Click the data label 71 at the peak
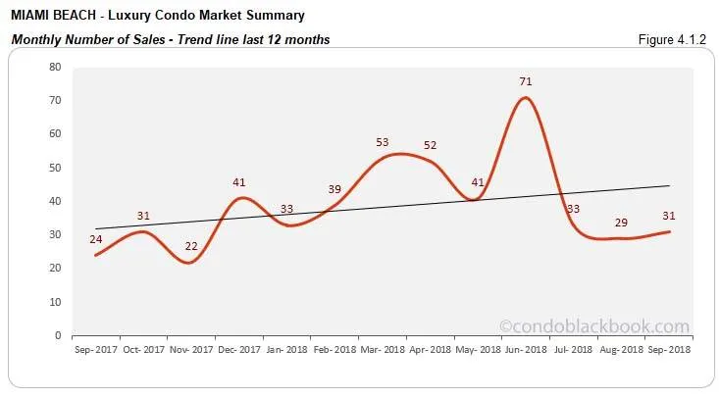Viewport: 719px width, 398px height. (x=526, y=81)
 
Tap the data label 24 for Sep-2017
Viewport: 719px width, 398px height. (x=96, y=238)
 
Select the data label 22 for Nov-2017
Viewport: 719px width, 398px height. (x=192, y=245)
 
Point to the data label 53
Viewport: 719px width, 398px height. (x=383, y=142)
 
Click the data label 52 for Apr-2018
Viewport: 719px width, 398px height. (x=430, y=145)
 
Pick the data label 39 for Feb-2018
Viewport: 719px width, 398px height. (x=334, y=189)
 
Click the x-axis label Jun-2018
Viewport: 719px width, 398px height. (x=526, y=348)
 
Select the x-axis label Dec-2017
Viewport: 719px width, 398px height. (x=239, y=348)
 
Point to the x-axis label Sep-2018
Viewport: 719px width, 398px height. (x=668, y=348)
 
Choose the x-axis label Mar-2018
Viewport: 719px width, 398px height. (x=383, y=348)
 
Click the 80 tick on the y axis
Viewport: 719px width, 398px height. (x=55, y=67)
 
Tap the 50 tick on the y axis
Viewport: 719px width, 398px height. (x=55, y=168)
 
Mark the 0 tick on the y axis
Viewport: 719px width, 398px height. (x=58, y=335)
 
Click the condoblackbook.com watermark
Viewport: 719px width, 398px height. (x=608, y=326)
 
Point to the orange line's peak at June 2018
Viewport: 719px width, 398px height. (x=527, y=97)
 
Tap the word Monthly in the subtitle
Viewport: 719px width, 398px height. (x=33, y=39)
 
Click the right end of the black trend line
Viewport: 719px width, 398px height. (x=670, y=185)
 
